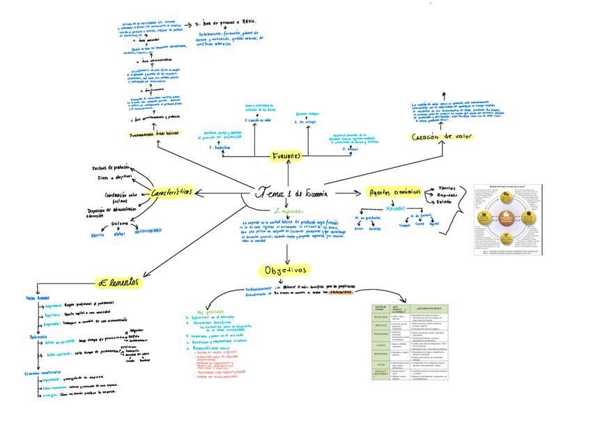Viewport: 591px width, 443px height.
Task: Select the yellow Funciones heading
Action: pyautogui.click(x=286, y=156)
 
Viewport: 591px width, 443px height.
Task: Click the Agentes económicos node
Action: pyautogui.click(x=394, y=192)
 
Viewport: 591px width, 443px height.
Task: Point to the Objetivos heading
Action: pyautogui.click(x=285, y=270)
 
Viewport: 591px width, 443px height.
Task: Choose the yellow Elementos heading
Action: pyautogui.click(x=118, y=282)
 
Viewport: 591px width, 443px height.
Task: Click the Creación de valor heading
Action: pyautogui.click(x=442, y=137)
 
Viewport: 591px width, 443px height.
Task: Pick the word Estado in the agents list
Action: pyautogui.click(x=444, y=202)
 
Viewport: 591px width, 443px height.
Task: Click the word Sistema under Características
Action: pyautogui.click(x=120, y=223)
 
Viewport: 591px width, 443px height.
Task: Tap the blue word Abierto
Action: pyautogui.click(x=98, y=235)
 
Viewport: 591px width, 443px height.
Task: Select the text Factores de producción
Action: pyautogui.click(x=111, y=168)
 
